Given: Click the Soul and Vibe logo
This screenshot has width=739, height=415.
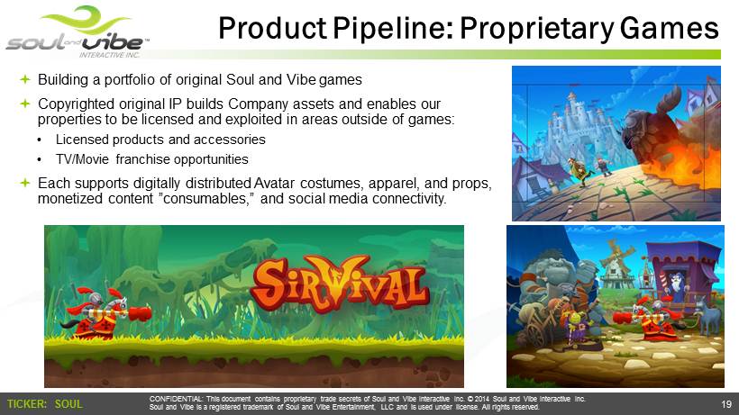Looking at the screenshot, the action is [x=78, y=32].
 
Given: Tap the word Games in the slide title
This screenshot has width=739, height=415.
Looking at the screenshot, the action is [x=670, y=28].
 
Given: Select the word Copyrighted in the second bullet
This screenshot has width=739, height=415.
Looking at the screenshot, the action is [x=78, y=104].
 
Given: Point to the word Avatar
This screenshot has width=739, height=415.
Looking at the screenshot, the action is [x=274, y=183].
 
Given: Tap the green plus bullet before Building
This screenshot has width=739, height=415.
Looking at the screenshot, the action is [x=25, y=79].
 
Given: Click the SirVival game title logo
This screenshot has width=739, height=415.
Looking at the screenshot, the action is [x=340, y=284].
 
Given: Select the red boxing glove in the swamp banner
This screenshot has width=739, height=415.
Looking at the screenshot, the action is [x=140, y=313].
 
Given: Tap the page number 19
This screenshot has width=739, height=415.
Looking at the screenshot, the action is [x=726, y=403].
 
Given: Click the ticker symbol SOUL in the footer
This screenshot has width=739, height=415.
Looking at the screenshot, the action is [x=68, y=403].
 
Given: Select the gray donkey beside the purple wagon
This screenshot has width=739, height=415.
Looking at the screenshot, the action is [x=707, y=314].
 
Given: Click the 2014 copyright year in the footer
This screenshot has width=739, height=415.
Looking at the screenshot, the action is [x=482, y=399].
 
